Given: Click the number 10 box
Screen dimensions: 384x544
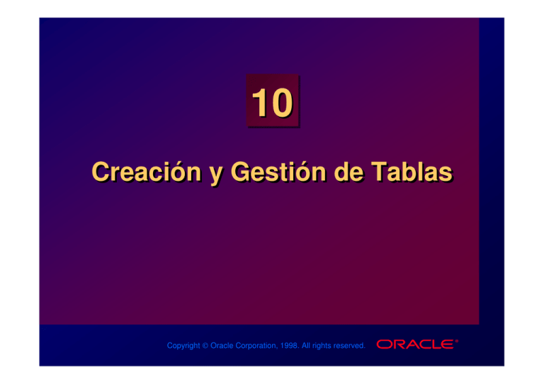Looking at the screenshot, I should (272, 103).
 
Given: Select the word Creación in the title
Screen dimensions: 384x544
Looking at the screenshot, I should (142, 172).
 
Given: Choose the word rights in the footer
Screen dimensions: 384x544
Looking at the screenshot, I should (332, 346).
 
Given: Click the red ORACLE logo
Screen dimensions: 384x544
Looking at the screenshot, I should (415, 344).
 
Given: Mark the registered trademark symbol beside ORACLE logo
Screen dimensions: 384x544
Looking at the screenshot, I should (457, 341).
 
